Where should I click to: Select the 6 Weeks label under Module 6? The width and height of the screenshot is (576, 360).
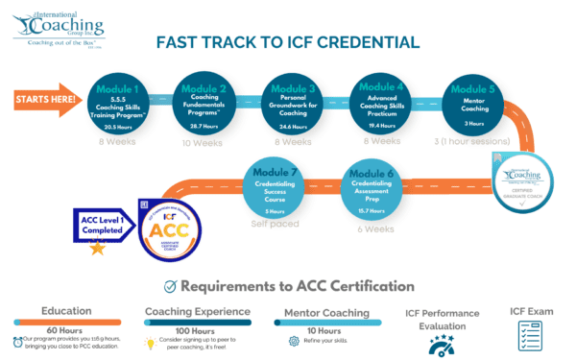(377, 229)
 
